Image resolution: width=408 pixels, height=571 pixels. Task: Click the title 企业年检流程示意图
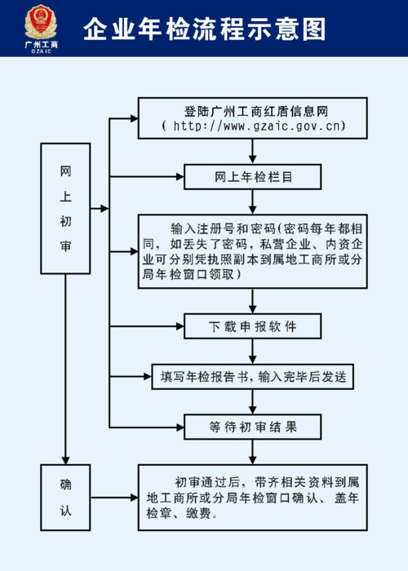[204, 29]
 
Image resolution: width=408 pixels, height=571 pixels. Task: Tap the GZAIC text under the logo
[39, 51]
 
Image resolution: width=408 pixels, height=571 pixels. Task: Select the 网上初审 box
[65, 208]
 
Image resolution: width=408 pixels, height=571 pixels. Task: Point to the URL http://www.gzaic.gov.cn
[254, 126]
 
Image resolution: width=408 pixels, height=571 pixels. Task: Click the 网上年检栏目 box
[253, 177]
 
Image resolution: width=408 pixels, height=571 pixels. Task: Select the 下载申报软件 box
[253, 327]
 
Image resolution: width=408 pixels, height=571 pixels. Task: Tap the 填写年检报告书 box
[253, 376]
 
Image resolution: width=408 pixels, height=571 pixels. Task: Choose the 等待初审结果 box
[253, 426]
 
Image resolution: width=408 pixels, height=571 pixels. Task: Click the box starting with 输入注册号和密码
[253, 251]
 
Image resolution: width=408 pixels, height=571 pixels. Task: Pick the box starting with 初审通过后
[253, 498]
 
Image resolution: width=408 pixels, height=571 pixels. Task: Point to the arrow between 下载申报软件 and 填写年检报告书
[253, 352]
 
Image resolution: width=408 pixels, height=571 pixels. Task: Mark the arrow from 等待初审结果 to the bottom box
[253, 451]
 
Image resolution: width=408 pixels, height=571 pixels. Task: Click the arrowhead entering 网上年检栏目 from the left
[179, 177]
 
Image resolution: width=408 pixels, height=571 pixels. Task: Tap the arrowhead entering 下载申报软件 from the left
[179, 327]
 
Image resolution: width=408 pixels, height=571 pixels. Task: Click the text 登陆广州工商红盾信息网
[254, 110]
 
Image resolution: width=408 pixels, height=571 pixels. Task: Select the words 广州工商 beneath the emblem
[39, 44]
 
